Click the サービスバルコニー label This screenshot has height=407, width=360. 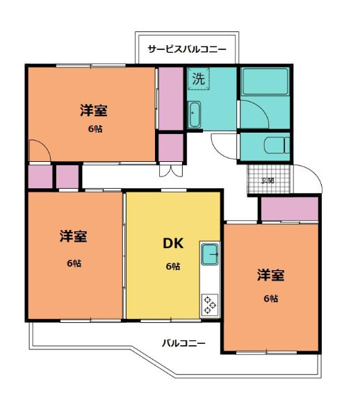coord(187,49)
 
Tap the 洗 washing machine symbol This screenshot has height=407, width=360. coord(198,78)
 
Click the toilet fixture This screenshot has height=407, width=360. coord(278,146)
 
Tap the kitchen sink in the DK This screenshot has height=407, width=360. coord(210,255)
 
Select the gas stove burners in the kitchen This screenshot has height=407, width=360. coord(210,303)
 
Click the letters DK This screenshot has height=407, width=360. coord(172,243)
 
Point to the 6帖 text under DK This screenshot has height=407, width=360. coord(172,266)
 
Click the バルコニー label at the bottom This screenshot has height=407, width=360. coord(183,342)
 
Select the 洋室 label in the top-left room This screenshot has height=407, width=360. coord(92,110)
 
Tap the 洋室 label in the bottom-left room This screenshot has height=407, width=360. coord(73,236)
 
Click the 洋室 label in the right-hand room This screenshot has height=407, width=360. coord(270,275)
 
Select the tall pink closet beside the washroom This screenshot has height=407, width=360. coord(170,98)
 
